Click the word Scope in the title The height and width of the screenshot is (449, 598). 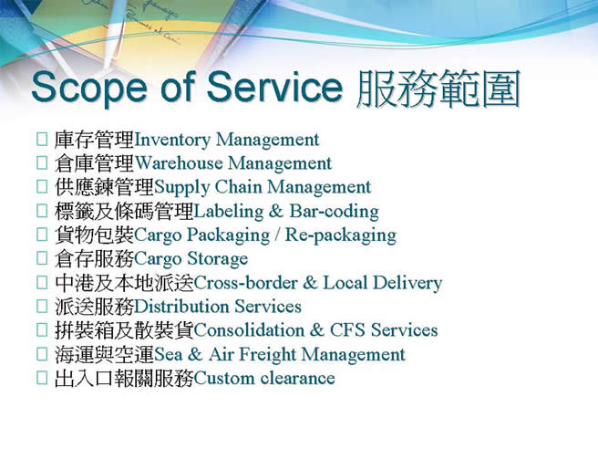[x=89, y=87]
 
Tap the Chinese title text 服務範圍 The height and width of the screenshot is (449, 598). [x=438, y=88]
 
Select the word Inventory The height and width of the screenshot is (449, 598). [x=172, y=141]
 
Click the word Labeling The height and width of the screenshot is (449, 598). [x=229, y=212]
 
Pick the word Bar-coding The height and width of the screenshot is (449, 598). [x=334, y=211]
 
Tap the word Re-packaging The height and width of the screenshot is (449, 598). [x=341, y=235]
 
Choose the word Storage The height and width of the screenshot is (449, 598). [x=217, y=259]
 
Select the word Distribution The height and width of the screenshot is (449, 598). [x=181, y=307]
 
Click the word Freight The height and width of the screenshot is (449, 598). [x=268, y=355]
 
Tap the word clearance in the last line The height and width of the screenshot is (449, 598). [x=298, y=379]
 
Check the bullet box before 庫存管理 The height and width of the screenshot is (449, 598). [x=42, y=140]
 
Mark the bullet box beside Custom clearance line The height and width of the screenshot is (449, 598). [x=42, y=378]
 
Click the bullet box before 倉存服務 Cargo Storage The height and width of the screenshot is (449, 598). [x=42, y=258]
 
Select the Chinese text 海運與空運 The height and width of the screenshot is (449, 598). [x=104, y=355]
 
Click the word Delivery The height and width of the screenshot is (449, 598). [x=407, y=283]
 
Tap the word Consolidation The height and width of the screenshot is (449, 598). [x=249, y=330]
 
